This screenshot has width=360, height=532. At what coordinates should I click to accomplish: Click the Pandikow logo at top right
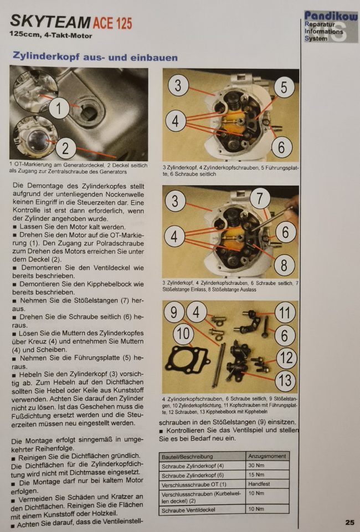pyautogui.click(x=331, y=27)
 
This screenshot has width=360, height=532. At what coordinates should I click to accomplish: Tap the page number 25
pyautogui.click(x=350, y=522)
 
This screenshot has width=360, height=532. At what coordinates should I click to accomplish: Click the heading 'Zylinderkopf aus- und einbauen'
pyautogui.click(x=95, y=57)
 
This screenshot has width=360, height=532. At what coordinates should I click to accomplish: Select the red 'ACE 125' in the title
pyautogui.click(x=112, y=23)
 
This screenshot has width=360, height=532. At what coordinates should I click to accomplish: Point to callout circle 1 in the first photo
pyautogui.click(x=59, y=108)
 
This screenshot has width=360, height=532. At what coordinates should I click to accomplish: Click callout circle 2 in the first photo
pyautogui.click(x=65, y=149)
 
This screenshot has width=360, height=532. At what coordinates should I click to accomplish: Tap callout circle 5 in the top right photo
pyautogui.click(x=284, y=87)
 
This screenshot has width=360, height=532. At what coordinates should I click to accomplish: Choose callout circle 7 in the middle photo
pyautogui.click(x=260, y=198)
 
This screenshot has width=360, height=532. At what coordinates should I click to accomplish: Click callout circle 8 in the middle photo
pyautogui.click(x=284, y=265)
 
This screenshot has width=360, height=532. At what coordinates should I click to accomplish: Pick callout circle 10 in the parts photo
pyautogui.click(x=183, y=334)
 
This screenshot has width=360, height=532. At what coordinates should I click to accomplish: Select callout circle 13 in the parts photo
pyautogui.click(x=285, y=380)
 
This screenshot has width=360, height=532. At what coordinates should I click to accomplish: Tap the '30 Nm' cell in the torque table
pyautogui.click(x=256, y=465)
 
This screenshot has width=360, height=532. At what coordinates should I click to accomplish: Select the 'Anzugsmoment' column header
pyautogui.click(x=267, y=456)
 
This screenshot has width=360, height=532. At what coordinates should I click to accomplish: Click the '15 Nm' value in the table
pyautogui.click(x=256, y=475)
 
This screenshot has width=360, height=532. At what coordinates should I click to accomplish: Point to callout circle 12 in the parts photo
pyautogui.click(x=287, y=357)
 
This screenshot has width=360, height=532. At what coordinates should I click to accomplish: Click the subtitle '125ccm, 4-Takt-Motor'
pyautogui.click(x=51, y=35)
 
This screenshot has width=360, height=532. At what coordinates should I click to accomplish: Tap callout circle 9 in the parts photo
pyautogui.click(x=174, y=312)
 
